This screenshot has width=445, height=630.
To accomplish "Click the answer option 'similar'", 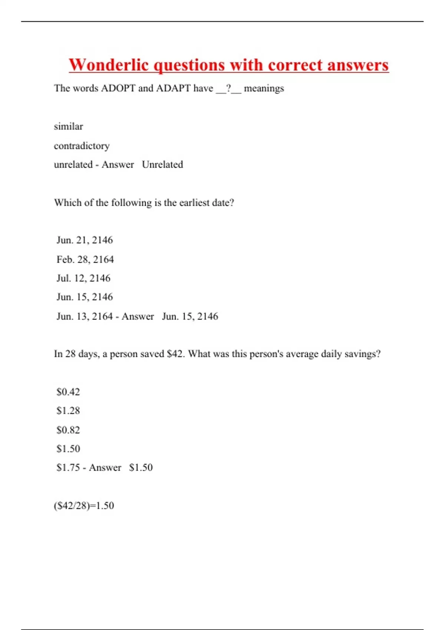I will click(68, 126).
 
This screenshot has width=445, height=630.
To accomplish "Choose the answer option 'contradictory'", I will click(82, 146).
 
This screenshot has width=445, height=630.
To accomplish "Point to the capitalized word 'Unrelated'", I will click(162, 165).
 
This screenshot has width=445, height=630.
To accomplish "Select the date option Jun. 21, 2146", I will click(85, 240).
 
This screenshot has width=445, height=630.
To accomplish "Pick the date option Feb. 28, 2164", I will click(85, 259).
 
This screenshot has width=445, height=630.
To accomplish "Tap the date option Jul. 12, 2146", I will click(83, 278).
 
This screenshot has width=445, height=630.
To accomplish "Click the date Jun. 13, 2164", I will click(85, 316).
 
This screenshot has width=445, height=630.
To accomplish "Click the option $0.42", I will click(68, 392).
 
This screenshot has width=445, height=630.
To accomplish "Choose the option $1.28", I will click(68, 411).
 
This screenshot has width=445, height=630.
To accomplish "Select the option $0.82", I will click(68, 430).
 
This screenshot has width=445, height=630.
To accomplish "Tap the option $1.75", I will click(68, 468).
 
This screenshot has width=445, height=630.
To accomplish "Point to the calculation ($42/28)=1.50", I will click(84, 505).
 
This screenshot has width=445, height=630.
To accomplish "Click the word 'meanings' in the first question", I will click(264, 88).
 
